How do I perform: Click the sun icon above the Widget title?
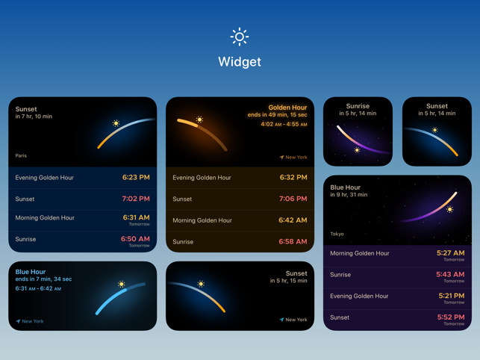point(240,37)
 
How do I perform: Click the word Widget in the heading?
point(240,62)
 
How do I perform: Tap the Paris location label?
point(21,155)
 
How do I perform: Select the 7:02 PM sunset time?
point(136,199)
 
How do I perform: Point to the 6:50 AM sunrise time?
point(135,239)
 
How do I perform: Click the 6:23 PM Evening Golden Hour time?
point(136,177)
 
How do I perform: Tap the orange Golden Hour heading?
point(287,108)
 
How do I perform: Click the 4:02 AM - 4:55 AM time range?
point(284,124)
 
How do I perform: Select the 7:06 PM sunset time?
point(293,199)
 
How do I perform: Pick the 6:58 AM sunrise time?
point(293,241)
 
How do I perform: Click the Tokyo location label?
point(337,234)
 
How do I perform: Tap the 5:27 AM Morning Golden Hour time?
point(450,252)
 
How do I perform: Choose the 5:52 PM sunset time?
point(451,317)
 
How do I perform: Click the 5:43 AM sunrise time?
point(450,274)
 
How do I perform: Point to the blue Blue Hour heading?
point(31,272)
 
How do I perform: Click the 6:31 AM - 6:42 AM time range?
point(38,288)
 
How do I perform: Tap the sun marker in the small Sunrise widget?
point(357,150)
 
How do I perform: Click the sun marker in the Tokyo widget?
point(449,210)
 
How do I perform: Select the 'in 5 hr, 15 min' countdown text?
point(288,281)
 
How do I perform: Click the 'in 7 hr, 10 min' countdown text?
point(34,117)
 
